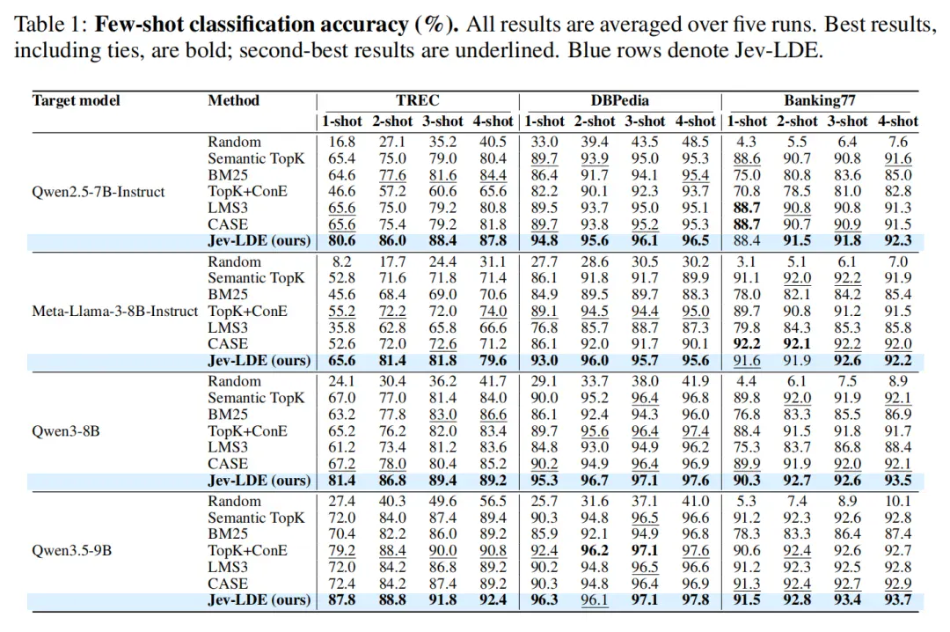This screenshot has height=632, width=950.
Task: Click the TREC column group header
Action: (x=418, y=100)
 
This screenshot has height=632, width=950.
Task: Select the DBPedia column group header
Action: (x=620, y=100)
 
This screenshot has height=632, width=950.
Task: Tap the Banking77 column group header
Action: (x=819, y=100)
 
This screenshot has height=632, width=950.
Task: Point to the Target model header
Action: (x=77, y=100)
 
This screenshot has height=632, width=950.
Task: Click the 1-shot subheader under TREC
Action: (x=341, y=121)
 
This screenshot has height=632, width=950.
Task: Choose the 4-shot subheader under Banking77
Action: (x=898, y=121)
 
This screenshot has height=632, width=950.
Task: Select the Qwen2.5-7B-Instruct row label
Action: (x=99, y=192)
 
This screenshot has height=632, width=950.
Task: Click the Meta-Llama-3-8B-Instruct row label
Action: (x=114, y=311)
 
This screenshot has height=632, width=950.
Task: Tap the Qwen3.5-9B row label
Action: (x=71, y=551)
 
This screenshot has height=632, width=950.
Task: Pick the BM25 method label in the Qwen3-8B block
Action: (x=228, y=415)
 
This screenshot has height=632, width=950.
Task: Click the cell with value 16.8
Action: (x=341, y=142)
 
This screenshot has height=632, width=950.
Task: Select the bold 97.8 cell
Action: (x=695, y=600)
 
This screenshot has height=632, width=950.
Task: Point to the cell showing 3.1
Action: (x=746, y=262)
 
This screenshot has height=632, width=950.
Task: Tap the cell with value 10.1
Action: (x=898, y=502)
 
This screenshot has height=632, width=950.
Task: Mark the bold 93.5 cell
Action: (x=898, y=481)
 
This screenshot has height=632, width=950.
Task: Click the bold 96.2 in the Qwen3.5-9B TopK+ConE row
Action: (x=595, y=551)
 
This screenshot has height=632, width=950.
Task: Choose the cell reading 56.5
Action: (x=493, y=502)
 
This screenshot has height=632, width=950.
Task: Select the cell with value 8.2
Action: (x=341, y=262)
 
